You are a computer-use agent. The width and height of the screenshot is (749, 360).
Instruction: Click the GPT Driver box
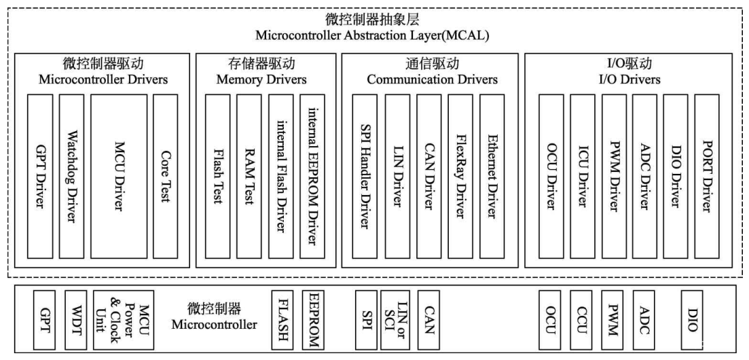[39, 177]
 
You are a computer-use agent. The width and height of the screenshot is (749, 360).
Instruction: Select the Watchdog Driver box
[71, 177]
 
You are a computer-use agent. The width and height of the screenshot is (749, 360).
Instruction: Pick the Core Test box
[165, 177]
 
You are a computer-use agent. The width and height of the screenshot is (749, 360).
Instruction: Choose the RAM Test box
[249, 177]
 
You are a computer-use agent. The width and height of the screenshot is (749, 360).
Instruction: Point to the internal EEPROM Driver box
[312, 177]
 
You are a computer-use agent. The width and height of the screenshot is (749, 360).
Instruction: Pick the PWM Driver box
[613, 177]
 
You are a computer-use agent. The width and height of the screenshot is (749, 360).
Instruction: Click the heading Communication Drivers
[433, 79]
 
